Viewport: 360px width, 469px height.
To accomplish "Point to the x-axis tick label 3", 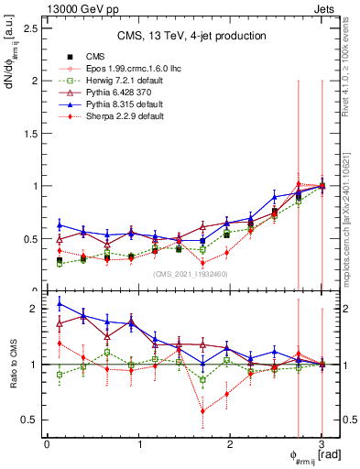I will pyautogui.click(x=322, y=444).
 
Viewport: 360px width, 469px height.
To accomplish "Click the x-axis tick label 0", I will pyautogui.click(x=47, y=444).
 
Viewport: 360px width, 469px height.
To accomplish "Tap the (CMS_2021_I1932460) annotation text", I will pyautogui.click(x=191, y=273).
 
